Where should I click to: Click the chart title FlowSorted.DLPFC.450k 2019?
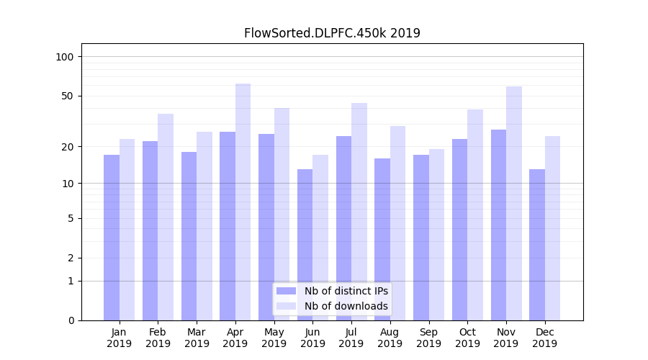332,33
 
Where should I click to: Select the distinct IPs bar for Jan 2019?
112,238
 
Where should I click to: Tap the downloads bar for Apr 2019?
243,202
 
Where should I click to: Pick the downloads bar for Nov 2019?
514,203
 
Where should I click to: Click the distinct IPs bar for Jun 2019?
305,245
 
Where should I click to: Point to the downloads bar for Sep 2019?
436,235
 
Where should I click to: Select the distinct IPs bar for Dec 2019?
537,245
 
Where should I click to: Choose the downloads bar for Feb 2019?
166,217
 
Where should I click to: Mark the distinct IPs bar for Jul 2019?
343,228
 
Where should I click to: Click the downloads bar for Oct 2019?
475,215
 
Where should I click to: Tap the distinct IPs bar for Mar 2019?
189,236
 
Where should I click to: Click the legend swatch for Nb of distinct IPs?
286,291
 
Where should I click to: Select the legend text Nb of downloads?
346,306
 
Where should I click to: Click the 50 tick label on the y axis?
68,96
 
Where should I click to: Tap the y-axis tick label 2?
71,258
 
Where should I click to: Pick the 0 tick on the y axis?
71,320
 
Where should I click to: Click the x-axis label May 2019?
274,338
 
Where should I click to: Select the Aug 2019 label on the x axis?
390,338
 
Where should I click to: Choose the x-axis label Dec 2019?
544,338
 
